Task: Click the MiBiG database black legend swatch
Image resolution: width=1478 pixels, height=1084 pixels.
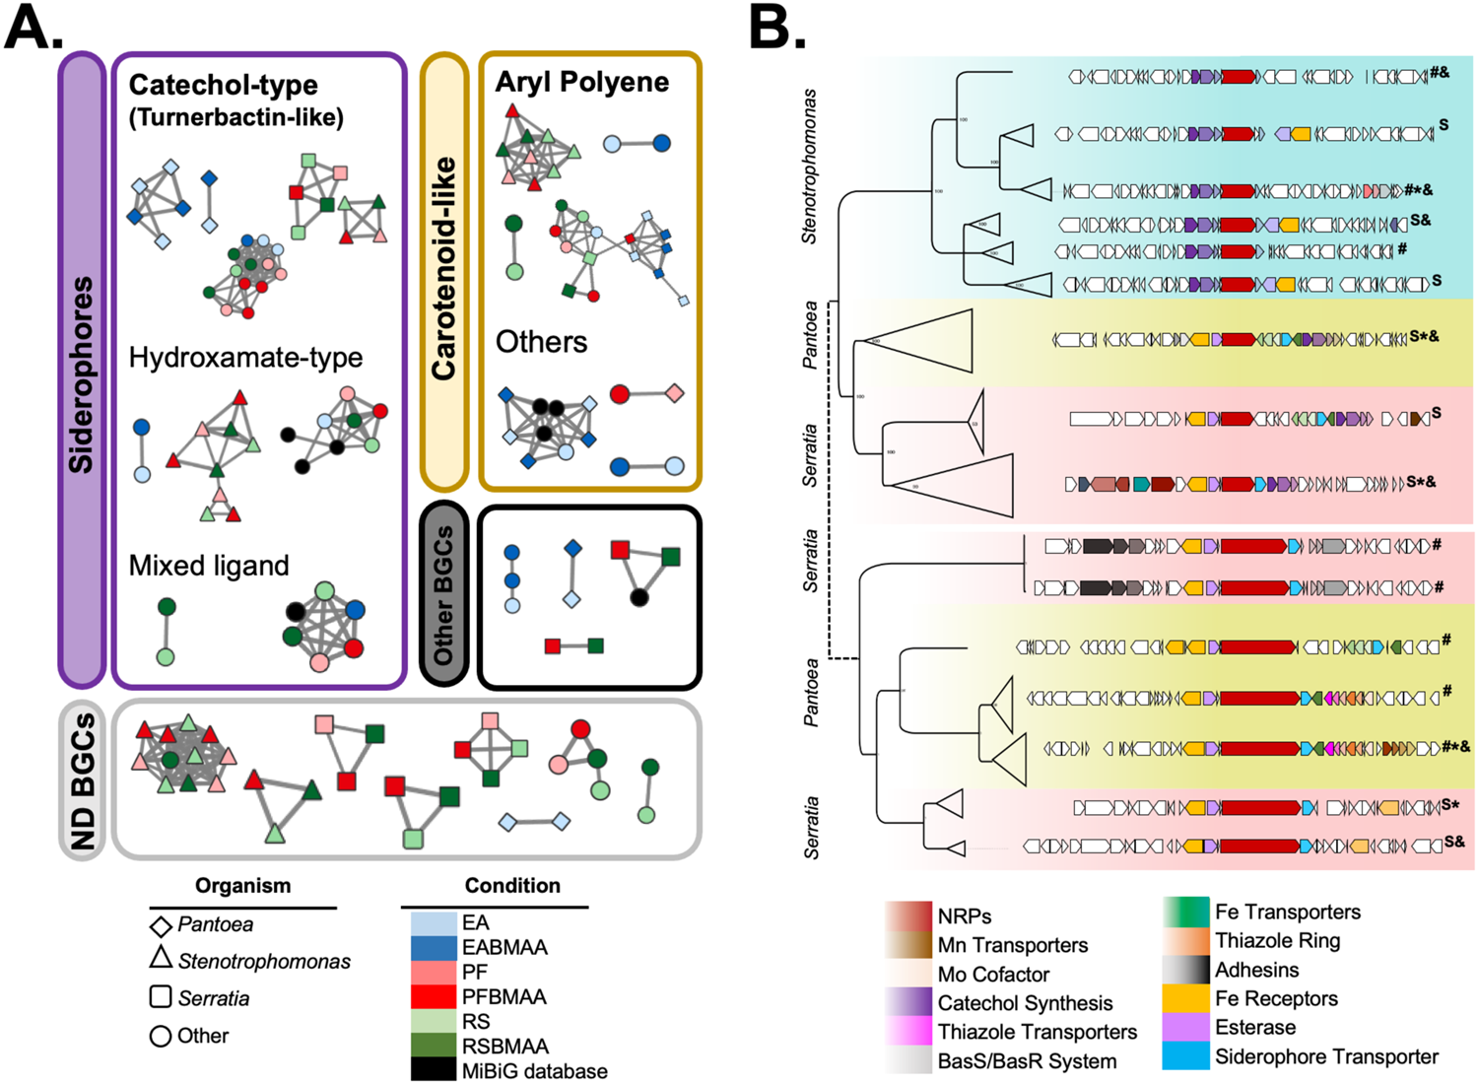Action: click(x=433, y=1070)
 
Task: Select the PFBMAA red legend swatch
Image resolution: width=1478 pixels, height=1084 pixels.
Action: click(x=433, y=996)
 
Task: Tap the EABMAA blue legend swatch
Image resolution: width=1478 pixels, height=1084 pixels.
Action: click(x=433, y=947)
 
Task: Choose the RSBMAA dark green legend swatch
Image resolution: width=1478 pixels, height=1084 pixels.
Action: click(x=433, y=1046)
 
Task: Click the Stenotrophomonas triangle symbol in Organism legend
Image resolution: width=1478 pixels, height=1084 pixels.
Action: click(x=161, y=957)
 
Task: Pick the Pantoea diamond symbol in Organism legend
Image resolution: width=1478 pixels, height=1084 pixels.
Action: click(x=161, y=926)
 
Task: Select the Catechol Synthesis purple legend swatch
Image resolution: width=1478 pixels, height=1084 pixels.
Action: click(x=908, y=1003)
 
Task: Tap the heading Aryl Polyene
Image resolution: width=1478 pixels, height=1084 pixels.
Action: click(x=581, y=82)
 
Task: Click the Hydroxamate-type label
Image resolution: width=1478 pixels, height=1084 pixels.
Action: click(x=245, y=357)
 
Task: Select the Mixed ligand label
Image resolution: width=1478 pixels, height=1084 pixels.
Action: click(x=209, y=565)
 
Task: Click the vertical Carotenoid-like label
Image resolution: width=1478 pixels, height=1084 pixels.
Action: click(x=443, y=268)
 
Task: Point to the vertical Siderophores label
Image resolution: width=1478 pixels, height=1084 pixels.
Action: click(x=82, y=374)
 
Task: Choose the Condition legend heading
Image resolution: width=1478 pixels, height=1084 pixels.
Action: click(x=512, y=885)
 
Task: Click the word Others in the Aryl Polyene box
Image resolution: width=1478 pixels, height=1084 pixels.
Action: click(x=541, y=342)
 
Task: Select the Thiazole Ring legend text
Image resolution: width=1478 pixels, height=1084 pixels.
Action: click(x=1277, y=940)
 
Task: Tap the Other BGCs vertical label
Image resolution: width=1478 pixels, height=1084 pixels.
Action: click(x=443, y=594)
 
